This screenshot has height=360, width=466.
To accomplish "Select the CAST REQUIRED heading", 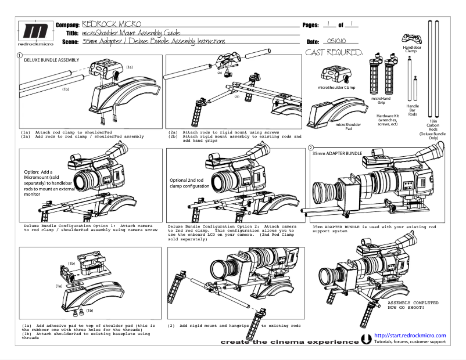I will [x=334, y=53].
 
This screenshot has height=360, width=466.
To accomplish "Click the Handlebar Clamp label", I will [x=411, y=49].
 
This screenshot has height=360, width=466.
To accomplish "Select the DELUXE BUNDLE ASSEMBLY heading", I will [x=52, y=60].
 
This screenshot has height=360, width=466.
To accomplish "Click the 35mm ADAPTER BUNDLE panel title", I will [x=338, y=153].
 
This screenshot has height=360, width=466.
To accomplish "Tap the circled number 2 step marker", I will [x=310, y=148].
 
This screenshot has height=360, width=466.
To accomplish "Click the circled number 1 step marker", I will [x=20, y=56].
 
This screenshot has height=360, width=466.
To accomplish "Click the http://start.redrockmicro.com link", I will [x=410, y=336].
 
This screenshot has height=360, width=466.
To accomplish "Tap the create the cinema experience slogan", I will [x=289, y=342].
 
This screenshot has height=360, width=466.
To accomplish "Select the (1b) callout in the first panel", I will [x=66, y=89].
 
